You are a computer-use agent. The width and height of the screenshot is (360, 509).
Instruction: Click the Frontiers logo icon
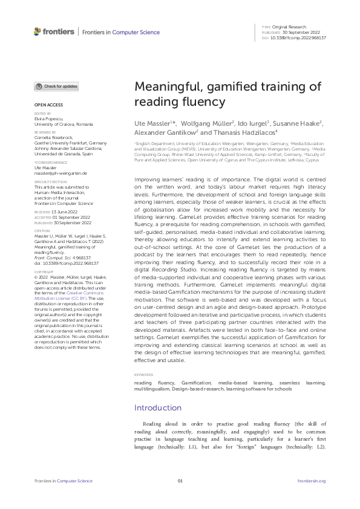point(38,31)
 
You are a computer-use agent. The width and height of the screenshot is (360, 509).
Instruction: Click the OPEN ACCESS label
point(45,105)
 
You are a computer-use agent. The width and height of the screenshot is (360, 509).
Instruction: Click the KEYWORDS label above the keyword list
point(144,375)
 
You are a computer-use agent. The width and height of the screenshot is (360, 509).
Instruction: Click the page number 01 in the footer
point(180,481)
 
